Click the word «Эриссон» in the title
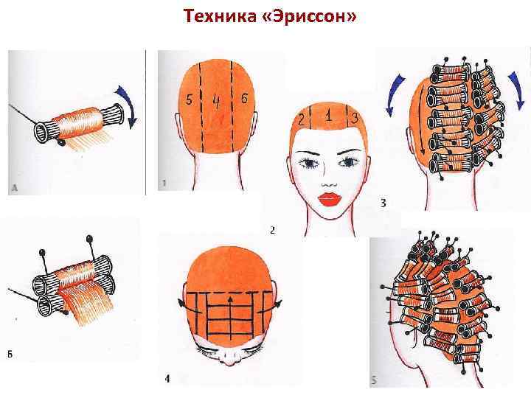pyautogui.click(x=310, y=16)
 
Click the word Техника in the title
pyautogui.click(x=220, y=16)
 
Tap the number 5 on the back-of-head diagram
pyautogui.click(x=189, y=99)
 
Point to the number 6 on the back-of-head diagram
pyautogui.click(x=244, y=98)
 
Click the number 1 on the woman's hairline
pyautogui.click(x=327, y=116)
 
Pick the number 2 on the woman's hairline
pyautogui.click(x=302, y=120)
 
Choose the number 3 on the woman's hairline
pyautogui.click(x=354, y=119)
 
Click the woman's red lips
pyautogui.click(x=329, y=199)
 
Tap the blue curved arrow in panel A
pyautogui.click(x=128, y=108)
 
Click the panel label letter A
pyautogui.click(x=14, y=188)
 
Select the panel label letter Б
pyautogui.click(x=10, y=355)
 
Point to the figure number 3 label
pyautogui.click(x=383, y=203)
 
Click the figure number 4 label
pyautogui.click(x=167, y=379)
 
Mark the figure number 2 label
pyautogui.click(x=273, y=231)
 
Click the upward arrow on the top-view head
pyautogui.click(x=230, y=318)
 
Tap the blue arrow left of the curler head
pyautogui.click(x=395, y=96)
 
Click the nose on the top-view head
pyautogui.click(x=230, y=360)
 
